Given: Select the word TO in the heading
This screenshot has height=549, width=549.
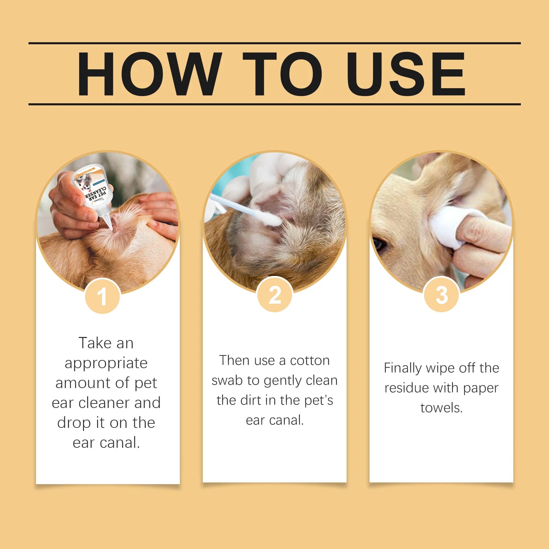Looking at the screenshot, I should pos(282,74).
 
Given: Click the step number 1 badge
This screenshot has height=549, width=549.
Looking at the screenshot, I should pos(102,296).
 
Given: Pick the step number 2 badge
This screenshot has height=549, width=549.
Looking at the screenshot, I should pos(274,295).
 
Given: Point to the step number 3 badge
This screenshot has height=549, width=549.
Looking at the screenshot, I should pos(442,295).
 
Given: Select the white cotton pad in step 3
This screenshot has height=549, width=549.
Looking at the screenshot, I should pos(446,226).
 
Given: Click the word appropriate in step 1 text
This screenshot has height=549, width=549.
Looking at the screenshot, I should pos(106,363).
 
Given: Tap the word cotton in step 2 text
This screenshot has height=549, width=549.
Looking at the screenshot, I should pos(310,361).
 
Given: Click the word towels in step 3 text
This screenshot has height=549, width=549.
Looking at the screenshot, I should pos(441,408).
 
